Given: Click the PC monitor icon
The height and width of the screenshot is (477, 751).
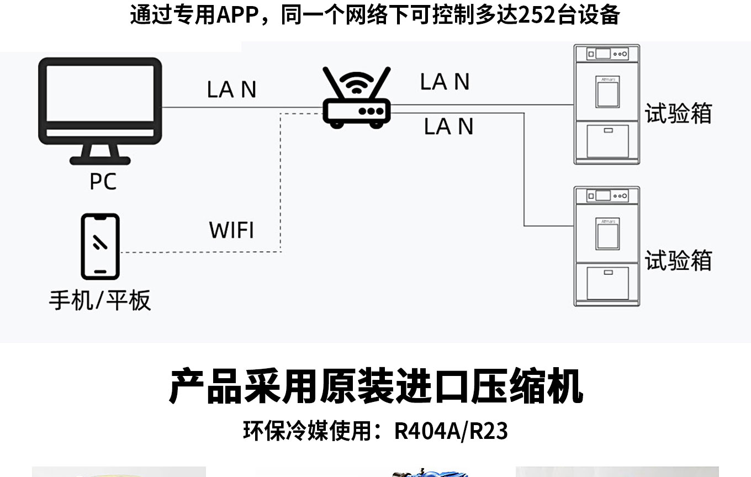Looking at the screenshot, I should [x=100, y=105].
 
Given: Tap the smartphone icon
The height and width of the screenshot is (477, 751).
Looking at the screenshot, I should [x=100, y=246].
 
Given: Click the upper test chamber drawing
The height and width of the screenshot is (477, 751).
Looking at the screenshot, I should [x=606, y=105].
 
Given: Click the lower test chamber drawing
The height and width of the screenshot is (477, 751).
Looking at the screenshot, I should [x=606, y=246].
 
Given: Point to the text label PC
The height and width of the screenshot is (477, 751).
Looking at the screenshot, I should [x=103, y=181].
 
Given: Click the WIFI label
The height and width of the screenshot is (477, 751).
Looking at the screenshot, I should [x=232, y=230].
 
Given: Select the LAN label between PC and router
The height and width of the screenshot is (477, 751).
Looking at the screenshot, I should [x=232, y=89].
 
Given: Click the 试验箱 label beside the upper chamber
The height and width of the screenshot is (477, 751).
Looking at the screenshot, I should [x=678, y=113].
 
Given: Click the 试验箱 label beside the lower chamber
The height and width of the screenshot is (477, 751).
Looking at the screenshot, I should [x=678, y=261].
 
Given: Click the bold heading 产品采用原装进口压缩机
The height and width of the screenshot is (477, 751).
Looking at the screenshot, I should [x=375, y=387].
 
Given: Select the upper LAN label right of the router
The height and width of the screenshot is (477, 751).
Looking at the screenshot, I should [x=445, y=82].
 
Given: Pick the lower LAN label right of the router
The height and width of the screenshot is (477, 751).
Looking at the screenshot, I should [x=448, y=126].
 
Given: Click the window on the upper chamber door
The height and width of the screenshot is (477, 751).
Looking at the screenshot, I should [x=607, y=93].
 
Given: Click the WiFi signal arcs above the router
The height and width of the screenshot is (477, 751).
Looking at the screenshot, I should [x=357, y=83].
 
